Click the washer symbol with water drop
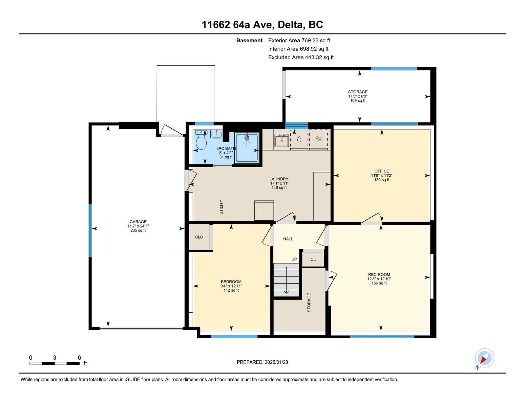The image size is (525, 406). click(299, 140)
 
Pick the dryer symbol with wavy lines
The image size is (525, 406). click(318, 140)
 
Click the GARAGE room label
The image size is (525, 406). click(138, 222)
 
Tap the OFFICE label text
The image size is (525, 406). click(382, 171)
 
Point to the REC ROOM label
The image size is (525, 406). click(379, 275)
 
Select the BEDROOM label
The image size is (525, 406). click(231, 282)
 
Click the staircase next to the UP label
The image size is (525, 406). click(286, 280)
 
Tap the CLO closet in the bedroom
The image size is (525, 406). click(199, 237)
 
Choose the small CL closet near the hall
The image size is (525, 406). click(313, 259)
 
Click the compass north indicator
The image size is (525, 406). click(484, 358)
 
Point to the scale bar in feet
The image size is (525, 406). click(55, 363)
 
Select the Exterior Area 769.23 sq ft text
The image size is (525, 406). click(299, 40)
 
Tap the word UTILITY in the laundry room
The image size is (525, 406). click(221, 207)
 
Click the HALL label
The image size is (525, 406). click(288, 239)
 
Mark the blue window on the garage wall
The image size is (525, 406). click(90, 230)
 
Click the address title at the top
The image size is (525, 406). click(262, 25)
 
